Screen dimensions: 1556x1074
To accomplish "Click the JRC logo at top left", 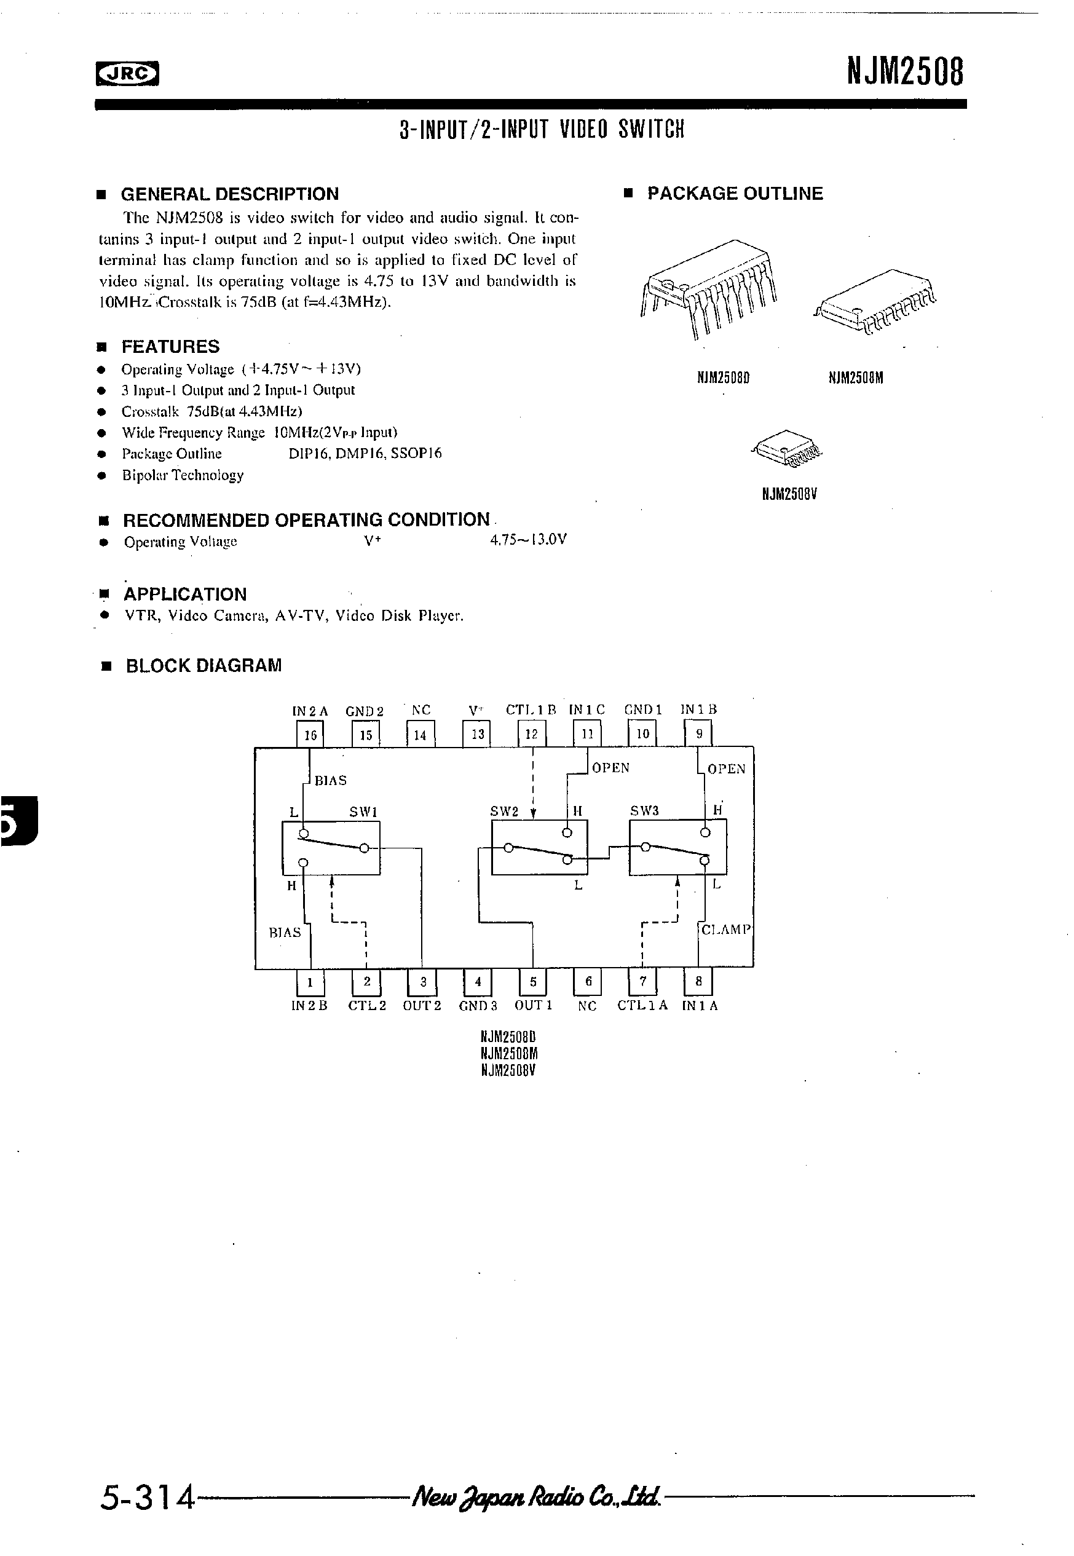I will [127, 74].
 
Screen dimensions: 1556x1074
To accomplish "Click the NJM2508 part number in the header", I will [904, 71].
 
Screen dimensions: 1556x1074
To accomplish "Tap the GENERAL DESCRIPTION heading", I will [229, 194].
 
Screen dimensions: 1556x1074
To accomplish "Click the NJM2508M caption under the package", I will [855, 378].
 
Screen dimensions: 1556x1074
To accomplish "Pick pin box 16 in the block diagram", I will [310, 734].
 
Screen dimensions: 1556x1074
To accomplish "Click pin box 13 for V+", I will [477, 734].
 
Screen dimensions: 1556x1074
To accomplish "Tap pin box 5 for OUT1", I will [533, 981].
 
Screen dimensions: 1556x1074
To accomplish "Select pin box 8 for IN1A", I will [698, 981].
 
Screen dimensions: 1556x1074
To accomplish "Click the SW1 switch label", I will [363, 812].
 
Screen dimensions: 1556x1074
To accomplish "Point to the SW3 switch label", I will [644, 811].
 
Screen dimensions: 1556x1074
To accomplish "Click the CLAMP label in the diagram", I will [725, 930].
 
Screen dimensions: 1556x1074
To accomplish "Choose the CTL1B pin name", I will [531, 709].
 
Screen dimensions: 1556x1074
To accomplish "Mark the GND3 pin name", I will [478, 1006].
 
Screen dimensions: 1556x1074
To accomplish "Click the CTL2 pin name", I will [368, 1006].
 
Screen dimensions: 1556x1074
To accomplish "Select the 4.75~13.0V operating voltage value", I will [528, 540].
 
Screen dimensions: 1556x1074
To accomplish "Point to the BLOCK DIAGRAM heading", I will [203, 666].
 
